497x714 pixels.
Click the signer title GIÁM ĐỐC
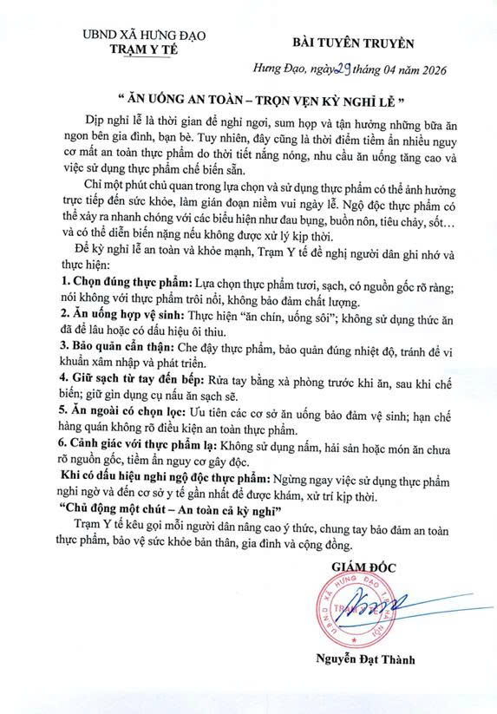[362, 567]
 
